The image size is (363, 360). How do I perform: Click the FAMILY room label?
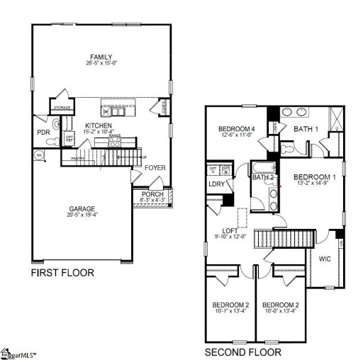pos(101,57)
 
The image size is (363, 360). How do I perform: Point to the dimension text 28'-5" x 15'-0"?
pos(101,64)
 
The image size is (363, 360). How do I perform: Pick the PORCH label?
pos(152,194)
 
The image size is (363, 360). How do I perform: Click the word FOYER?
pos(155,168)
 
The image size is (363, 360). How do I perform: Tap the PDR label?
pos(43,132)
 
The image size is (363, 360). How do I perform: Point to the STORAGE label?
pos(61,108)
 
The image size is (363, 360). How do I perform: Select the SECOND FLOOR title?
pos(242,351)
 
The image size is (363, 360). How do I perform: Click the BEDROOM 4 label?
pos(237,129)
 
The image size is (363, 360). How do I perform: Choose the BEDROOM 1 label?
pos(315,177)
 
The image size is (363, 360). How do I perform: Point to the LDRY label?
pos(216,184)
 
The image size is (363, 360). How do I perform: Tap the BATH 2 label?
pos(263,177)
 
